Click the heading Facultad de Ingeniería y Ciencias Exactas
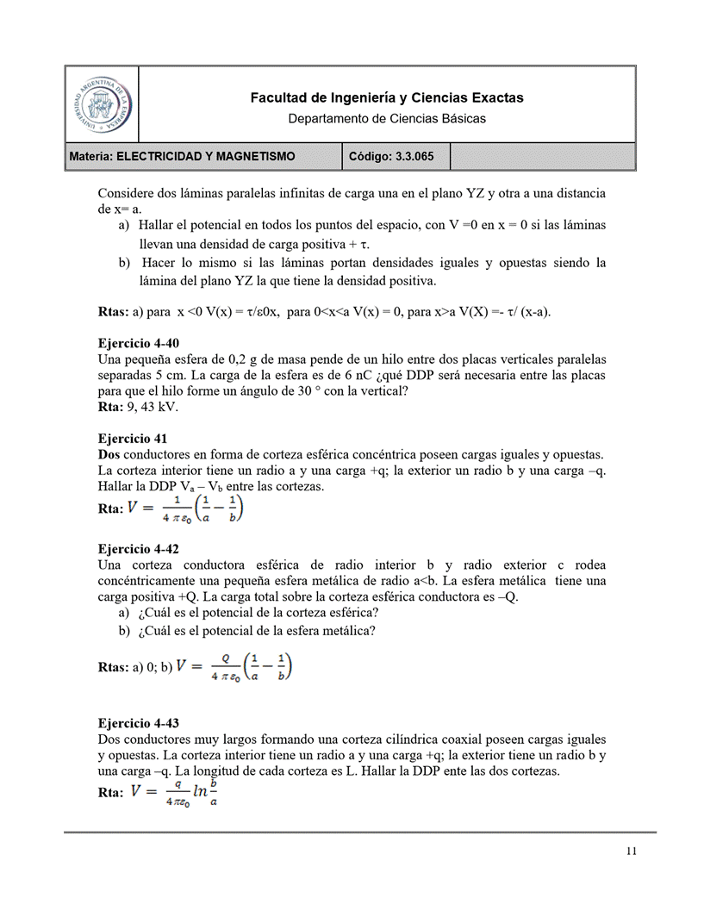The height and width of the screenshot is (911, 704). (386, 98)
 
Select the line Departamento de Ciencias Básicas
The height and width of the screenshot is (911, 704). (386, 118)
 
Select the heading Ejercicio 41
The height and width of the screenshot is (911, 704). (132, 438)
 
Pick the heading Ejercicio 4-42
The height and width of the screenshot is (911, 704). (139, 549)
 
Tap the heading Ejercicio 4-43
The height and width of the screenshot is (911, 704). (139, 723)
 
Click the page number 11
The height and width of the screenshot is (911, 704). (631, 852)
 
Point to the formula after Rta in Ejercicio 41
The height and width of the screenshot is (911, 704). (186, 509)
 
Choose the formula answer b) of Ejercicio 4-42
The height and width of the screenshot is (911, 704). (234, 666)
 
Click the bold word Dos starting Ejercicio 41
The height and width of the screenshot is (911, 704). (109, 454)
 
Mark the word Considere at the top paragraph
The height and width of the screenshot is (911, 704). (127, 193)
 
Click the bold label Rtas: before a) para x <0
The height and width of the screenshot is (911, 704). (113, 311)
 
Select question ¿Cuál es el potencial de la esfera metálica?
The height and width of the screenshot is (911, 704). (257, 630)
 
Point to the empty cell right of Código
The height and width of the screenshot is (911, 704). (543, 156)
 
